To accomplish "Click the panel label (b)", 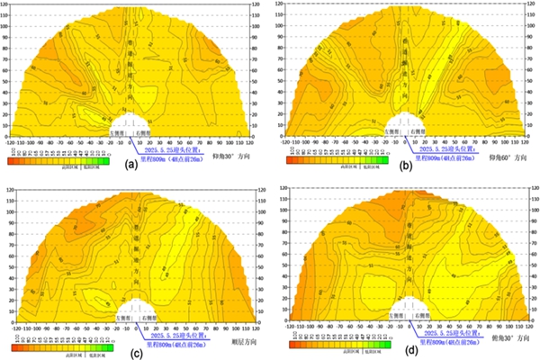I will pos(407,165).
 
